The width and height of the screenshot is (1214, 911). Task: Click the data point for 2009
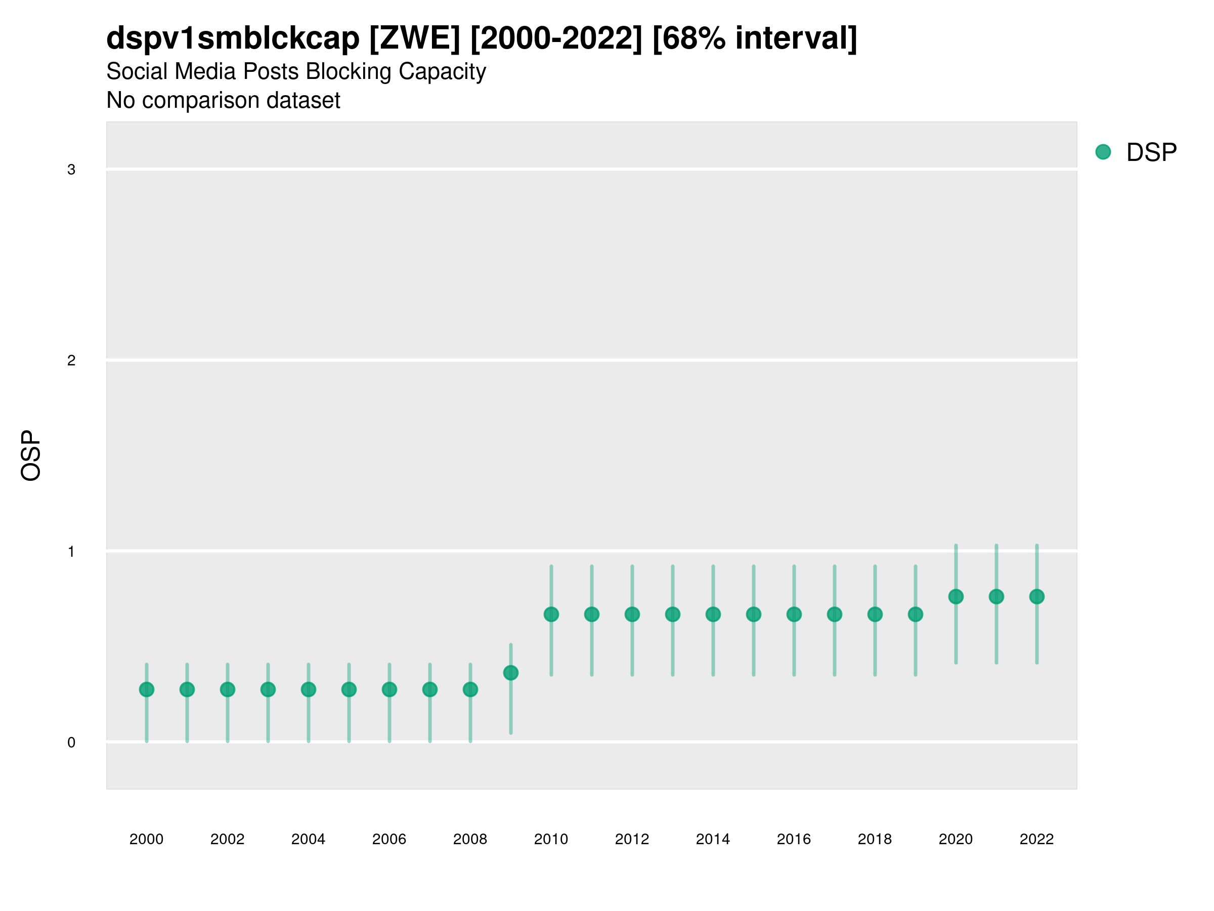click(x=510, y=673)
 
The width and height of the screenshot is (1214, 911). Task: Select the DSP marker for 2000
click(x=147, y=689)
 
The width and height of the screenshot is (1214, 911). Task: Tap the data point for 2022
click(x=1037, y=596)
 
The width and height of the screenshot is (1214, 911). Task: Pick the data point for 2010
click(x=551, y=614)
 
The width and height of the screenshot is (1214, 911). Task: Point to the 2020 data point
click(x=956, y=596)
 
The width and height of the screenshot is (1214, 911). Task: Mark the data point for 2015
click(x=754, y=614)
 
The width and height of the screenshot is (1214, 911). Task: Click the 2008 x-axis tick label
click(x=470, y=839)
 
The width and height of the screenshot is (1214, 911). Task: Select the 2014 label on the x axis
click(x=712, y=839)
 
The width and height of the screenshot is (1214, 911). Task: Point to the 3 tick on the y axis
click(x=71, y=170)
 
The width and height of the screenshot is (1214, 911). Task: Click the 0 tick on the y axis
click(x=71, y=742)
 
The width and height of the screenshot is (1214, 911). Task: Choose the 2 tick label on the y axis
click(x=71, y=360)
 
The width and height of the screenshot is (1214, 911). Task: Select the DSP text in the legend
click(x=1151, y=153)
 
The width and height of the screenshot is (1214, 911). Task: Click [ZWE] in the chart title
click(x=414, y=38)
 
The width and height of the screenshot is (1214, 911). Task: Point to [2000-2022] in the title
click(x=556, y=38)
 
